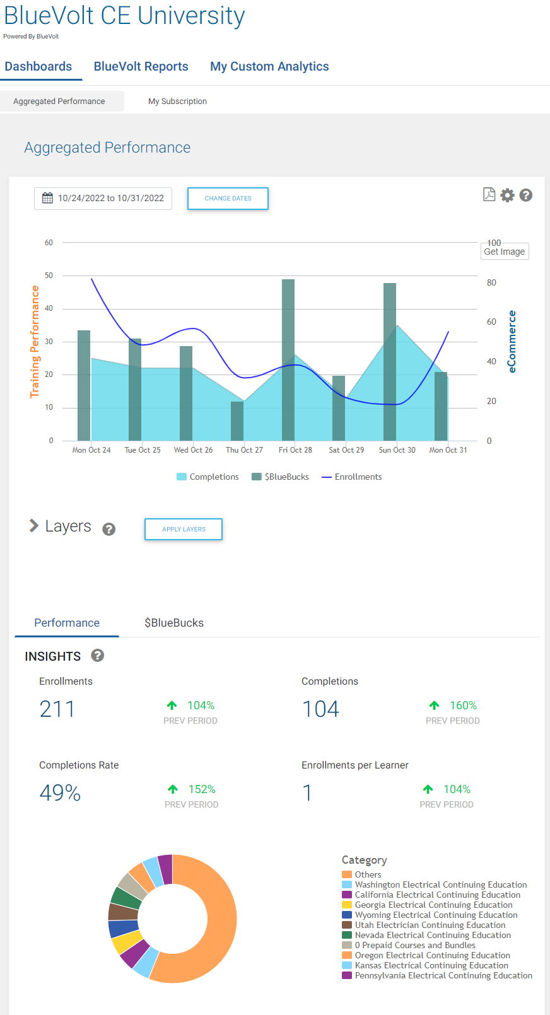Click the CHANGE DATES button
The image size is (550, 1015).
(x=228, y=198)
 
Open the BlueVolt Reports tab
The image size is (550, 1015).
(x=141, y=66)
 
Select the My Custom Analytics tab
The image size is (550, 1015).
(x=269, y=66)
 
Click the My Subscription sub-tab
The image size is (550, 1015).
(x=177, y=101)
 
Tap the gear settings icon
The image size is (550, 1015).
(x=507, y=195)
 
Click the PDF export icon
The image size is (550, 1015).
(x=489, y=195)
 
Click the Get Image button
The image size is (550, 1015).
(x=504, y=252)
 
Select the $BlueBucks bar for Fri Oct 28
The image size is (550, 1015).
(x=288, y=359)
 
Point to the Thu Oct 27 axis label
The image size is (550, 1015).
(x=244, y=450)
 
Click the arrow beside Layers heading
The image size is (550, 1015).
(x=34, y=526)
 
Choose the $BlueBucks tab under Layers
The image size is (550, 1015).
(x=174, y=623)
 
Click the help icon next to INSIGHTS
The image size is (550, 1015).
(x=97, y=656)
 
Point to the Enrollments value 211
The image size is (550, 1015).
(x=57, y=709)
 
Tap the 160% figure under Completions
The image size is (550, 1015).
(x=463, y=705)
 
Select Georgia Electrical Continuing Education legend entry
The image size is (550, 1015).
(x=433, y=905)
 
